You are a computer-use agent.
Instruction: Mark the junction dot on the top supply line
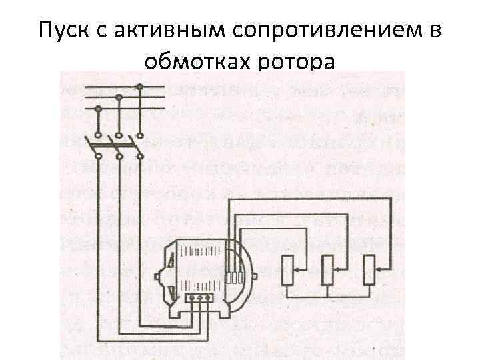point(139,86)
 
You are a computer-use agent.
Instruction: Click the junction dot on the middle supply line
point(119,97)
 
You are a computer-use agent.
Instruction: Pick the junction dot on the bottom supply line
point(98,108)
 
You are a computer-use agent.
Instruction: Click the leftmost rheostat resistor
point(287,271)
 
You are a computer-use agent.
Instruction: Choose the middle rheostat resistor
point(327,271)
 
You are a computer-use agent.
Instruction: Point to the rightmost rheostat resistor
point(369,271)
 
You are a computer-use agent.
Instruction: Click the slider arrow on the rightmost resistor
point(379,268)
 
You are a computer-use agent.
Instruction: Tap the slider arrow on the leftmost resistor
point(298,268)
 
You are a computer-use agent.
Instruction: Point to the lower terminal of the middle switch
point(119,157)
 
